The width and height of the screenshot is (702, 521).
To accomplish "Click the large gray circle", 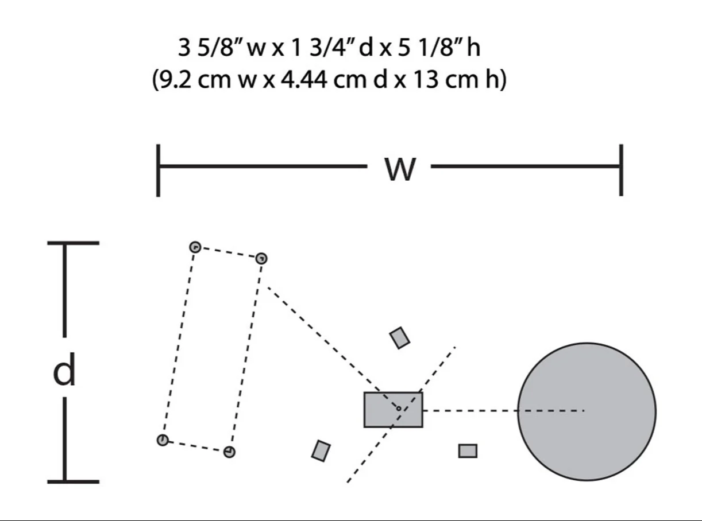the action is (x=587, y=411).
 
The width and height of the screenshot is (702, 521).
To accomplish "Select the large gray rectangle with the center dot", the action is (x=393, y=410).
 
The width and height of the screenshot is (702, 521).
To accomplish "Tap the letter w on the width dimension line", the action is (x=400, y=169).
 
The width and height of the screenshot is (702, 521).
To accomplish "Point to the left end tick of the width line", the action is (x=158, y=170).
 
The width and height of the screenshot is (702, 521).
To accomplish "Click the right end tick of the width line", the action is (x=622, y=170).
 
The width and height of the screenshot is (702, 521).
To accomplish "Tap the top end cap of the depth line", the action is (x=73, y=243).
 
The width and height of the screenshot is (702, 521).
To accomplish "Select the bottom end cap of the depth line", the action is (x=73, y=482).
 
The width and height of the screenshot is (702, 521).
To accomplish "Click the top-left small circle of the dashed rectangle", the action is (x=195, y=247).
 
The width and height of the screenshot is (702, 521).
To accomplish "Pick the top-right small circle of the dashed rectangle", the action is (x=261, y=258).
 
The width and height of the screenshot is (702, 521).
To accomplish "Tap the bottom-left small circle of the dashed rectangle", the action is (x=163, y=440).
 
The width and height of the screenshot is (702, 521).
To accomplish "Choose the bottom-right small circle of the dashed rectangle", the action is (x=229, y=452).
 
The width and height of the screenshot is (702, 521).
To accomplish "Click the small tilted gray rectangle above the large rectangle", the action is (x=400, y=338).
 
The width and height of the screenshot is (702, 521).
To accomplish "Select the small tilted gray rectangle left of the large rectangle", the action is (x=321, y=451).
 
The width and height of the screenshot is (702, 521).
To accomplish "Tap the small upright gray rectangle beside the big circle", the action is (x=468, y=451).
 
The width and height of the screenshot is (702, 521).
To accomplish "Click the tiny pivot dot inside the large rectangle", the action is (x=399, y=409).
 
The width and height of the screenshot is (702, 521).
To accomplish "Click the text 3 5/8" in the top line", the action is (x=210, y=48).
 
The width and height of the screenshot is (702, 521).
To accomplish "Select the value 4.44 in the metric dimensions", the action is (x=304, y=80).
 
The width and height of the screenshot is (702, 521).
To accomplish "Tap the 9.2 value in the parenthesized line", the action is (x=175, y=80).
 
